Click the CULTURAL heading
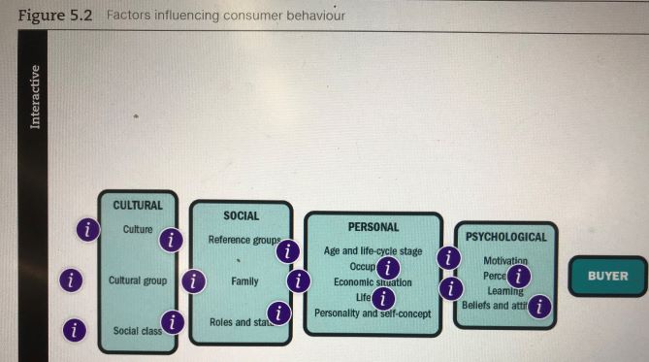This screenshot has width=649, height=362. [x=138, y=206]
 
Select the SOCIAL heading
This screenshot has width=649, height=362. [x=241, y=215]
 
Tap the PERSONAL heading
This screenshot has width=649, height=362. [x=373, y=227]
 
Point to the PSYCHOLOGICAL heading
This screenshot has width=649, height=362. [x=506, y=237]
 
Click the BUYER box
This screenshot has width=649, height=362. [x=607, y=276]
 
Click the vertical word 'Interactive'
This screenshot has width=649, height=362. [x=36, y=96]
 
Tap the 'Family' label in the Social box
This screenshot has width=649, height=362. [x=244, y=281]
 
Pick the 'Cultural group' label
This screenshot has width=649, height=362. [x=138, y=280]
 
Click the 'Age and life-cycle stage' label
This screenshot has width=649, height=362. [x=373, y=250]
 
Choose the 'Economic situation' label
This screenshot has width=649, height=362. [x=373, y=281]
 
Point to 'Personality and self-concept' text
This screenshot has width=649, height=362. [x=373, y=313]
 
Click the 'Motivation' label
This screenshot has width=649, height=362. [x=505, y=261]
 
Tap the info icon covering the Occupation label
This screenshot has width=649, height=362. [x=388, y=268]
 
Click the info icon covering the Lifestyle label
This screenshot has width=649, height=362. [x=384, y=298]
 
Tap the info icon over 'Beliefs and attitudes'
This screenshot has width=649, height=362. [x=540, y=307]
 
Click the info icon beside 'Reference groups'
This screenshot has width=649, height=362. [x=287, y=251]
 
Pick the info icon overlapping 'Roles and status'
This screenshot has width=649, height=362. [x=279, y=313]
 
